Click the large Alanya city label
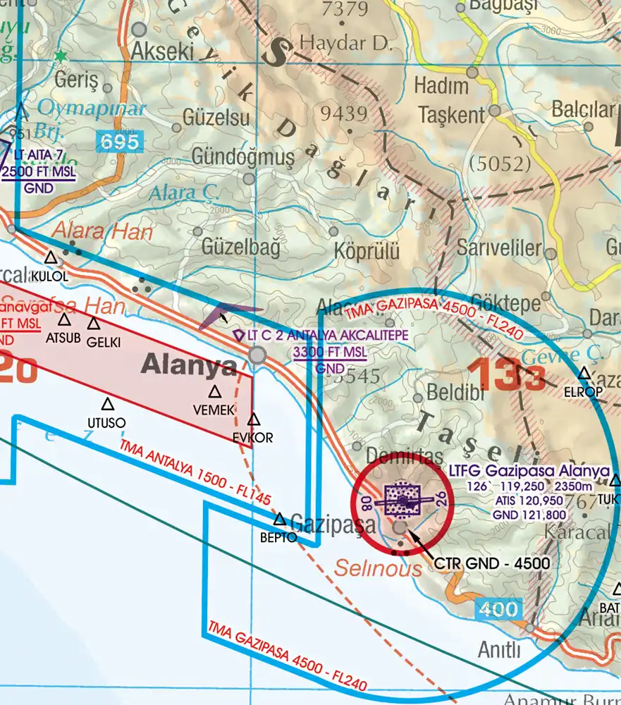tap(190, 365)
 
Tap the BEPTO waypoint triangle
tap(280, 520)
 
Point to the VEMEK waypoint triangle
tap(214, 393)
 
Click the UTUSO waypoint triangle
tap(107, 405)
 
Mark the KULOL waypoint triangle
tap(51, 259)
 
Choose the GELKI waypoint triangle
tap(94, 324)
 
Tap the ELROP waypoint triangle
tap(584, 374)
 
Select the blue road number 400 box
tap(499, 608)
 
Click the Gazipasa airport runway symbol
tap(402, 501)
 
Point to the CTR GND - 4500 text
tap(491, 564)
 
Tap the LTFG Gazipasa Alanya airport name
tap(529, 471)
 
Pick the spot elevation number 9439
tap(343, 113)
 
